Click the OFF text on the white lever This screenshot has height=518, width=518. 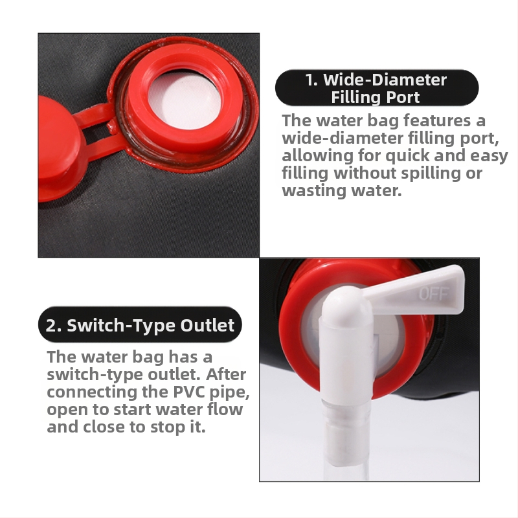coord(434,293)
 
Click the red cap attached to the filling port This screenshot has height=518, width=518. coord(58,148)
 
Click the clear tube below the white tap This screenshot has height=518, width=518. coord(345,440)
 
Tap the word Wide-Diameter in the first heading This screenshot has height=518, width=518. coord(385,80)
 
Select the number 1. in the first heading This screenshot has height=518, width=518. coord(311,80)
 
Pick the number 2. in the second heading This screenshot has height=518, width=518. coord(53,326)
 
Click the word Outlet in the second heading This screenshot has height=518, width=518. coord(207,325)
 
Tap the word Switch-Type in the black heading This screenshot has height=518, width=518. coord(121,326)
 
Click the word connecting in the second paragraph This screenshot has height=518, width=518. coord(92,393)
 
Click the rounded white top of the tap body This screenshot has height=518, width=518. coord(346,304)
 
